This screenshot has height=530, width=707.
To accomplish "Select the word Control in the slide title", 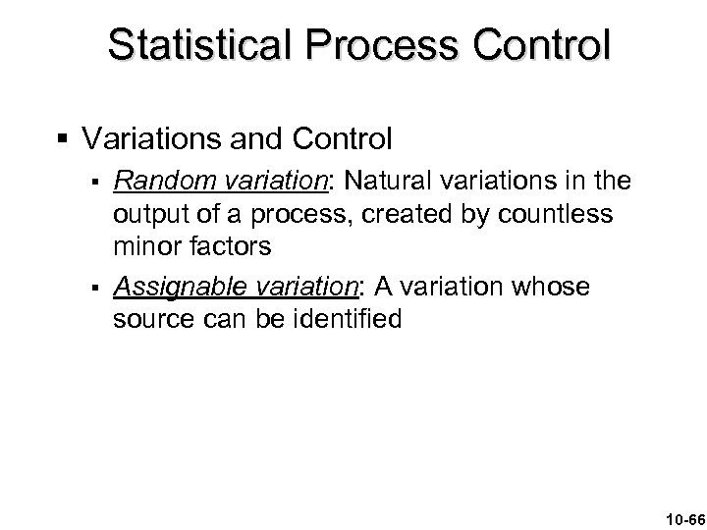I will coord(533,45).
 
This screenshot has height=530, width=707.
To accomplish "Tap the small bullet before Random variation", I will coord(92,182).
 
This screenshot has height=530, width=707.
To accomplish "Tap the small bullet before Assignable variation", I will coord(92,289).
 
